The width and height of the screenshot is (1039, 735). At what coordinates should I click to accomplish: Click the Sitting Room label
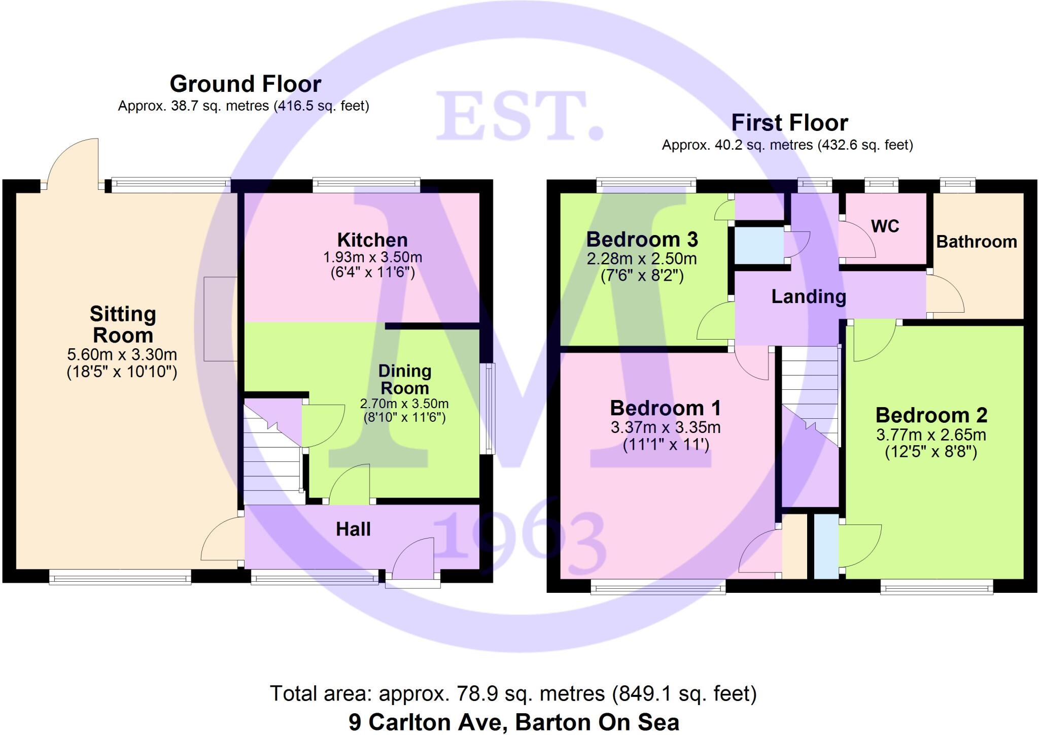123,325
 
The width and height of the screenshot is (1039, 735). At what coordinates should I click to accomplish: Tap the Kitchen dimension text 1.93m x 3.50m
372,257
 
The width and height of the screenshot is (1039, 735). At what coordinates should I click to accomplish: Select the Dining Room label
405,380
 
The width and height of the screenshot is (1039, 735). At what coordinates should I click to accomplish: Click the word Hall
353,529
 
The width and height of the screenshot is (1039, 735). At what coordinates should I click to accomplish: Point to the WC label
885,226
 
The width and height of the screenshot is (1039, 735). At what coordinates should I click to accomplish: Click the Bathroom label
977,242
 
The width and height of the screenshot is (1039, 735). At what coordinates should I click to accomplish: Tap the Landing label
809,297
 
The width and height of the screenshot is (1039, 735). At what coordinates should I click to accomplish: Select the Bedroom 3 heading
642,239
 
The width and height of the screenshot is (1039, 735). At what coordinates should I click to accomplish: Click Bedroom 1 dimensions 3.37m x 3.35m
666,427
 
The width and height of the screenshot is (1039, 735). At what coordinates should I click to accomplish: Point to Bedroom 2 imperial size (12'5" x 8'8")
931,452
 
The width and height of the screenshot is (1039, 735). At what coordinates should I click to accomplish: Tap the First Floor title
789,123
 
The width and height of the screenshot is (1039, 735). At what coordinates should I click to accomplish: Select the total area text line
513,693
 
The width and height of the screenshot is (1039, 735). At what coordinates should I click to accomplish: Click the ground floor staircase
272,457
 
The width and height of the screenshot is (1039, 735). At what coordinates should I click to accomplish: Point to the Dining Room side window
489,409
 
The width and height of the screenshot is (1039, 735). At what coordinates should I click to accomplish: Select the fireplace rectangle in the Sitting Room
221,319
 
